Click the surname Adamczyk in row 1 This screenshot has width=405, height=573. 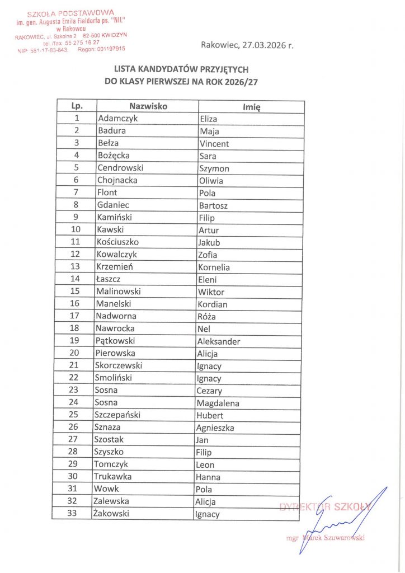click(117, 119)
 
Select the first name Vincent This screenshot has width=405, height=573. click(214, 144)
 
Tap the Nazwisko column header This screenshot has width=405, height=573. click(148, 106)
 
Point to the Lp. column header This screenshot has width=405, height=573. click(77, 106)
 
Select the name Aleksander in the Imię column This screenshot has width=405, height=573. click(219, 341)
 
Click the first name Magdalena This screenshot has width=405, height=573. click(218, 403)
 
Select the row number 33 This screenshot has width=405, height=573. click(72, 513)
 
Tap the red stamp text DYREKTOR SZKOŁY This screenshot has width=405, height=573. click(325, 507)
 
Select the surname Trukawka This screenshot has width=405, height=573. click(115, 476)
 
